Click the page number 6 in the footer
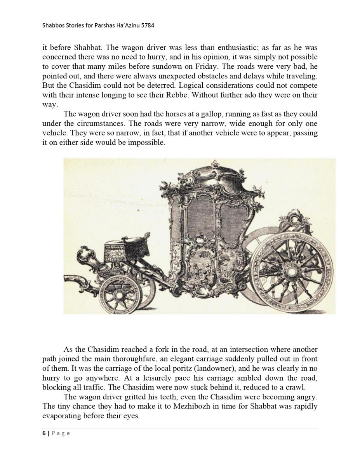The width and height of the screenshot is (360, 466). [44, 433]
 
